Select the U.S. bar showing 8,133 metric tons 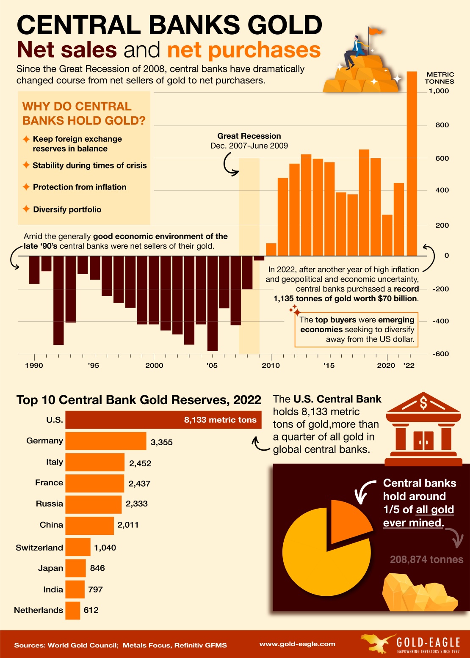(163, 420)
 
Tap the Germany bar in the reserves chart (106, 441)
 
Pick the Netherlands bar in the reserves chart (73, 610)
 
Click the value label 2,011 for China (128, 525)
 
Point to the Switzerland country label (39, 548)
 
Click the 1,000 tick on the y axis (439, 91)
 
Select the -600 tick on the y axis (440, 354)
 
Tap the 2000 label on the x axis (154, 365)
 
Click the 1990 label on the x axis (34, 365)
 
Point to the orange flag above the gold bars (375, 31)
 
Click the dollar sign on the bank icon (423, 403)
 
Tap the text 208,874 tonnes (426, 559)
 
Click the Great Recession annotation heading (249, 136)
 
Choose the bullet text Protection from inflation (80, 187)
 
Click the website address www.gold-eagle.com (297, 644)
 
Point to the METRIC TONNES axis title (440, 78)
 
